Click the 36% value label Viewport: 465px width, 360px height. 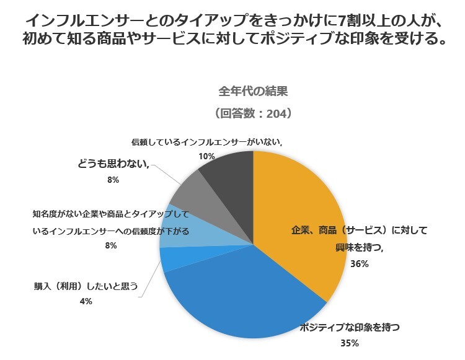tap(359, 264)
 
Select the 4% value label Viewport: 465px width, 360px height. tap(86, 302)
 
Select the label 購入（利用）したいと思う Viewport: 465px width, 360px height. tap(86, 287)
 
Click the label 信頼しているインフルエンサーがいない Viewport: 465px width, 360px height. tap(206, 142)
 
